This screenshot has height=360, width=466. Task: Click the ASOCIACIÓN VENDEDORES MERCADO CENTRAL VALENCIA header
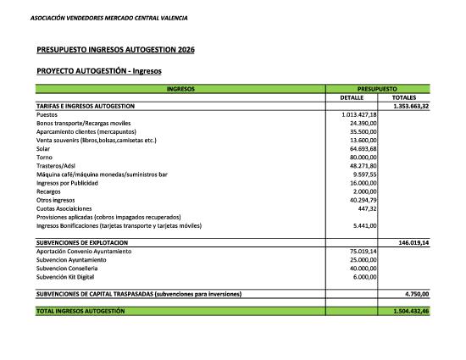tap(108, 18)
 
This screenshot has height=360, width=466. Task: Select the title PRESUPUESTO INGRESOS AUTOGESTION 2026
tap(116, 50)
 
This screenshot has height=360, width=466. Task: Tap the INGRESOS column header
tap(180, 89)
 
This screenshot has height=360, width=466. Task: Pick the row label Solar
tap(44, 148)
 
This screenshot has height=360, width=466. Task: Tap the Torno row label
tap(45, 158)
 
